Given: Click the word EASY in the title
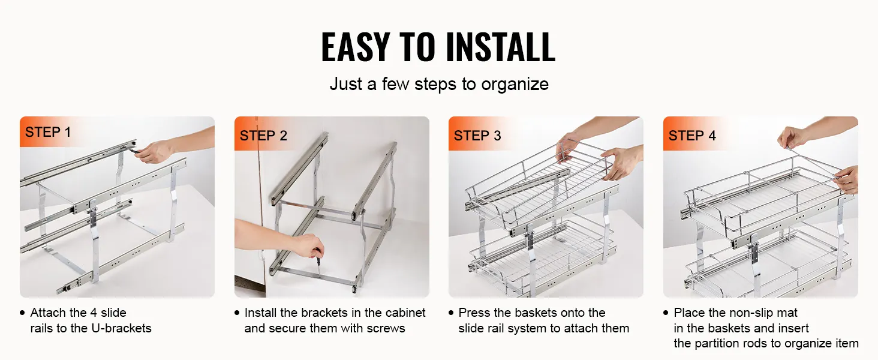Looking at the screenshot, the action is tap(356, 47).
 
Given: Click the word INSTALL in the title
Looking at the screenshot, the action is tap(501, 47).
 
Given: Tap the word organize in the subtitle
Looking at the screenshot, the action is tap(515, 85).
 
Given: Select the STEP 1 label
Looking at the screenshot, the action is tap(48, 132).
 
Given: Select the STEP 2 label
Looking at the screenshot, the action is tap(263, 136).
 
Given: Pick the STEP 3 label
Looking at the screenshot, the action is tap(477, 136).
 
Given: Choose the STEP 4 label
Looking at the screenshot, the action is tap(692, 136).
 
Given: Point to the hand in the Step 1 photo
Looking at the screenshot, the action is tap(154, 152).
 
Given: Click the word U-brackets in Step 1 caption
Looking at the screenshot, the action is tap(121, 328).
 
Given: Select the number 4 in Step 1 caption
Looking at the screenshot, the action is tap(94, 313).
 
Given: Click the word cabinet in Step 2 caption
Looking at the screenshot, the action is tap(405, 313).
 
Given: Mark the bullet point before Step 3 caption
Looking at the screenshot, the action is tap(451, 313).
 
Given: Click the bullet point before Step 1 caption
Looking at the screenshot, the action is tap(22, 313).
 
